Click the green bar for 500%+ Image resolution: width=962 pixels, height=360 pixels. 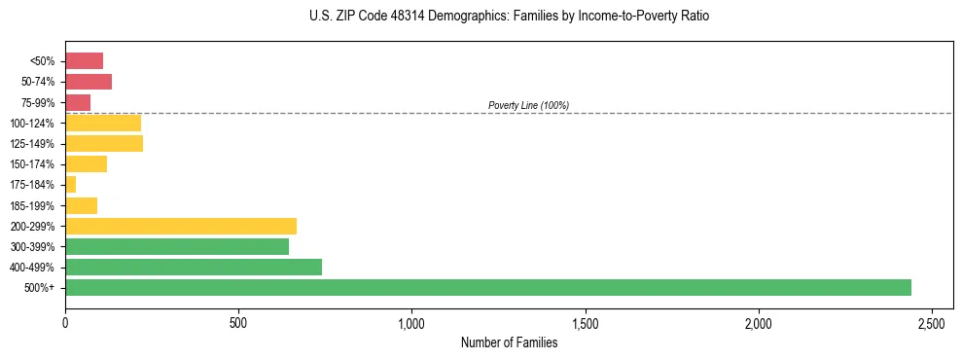(487, 287)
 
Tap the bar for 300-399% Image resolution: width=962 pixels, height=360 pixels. (176, 246)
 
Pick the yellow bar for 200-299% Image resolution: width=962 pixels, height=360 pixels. (180, 226)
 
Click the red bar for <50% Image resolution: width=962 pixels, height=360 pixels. (84, 60)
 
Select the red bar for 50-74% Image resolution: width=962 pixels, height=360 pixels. (88, 82)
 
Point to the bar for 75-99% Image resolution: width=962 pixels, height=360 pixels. (78, 102)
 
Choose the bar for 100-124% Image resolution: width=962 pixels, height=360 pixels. (102, 123)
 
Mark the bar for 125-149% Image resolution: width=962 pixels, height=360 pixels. (103, 143)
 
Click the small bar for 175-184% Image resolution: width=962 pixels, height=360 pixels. (70, 184)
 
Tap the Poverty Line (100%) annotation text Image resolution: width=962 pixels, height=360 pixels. (528, 105)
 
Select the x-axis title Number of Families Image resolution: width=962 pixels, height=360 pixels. (510, 342)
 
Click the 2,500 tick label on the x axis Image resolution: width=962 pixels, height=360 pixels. (931, 322)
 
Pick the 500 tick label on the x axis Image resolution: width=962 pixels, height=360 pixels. (238, 322)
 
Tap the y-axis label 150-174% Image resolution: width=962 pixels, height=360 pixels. (32, 164)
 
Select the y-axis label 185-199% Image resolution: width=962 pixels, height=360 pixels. (32, 205)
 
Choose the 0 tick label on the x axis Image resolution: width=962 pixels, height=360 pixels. (65, 322)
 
